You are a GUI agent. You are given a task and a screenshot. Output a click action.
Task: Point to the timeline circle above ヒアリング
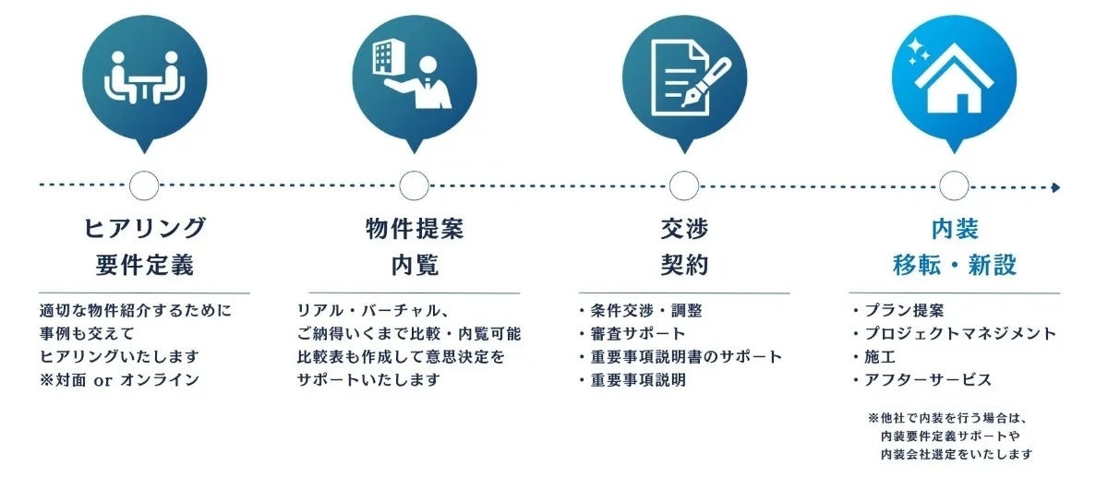(144, 185)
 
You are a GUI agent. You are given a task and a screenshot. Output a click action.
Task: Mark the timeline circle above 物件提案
(414, 185)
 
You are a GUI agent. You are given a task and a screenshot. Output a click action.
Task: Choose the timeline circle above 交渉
(683, 185)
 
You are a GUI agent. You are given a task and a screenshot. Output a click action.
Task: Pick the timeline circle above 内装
(954, 185)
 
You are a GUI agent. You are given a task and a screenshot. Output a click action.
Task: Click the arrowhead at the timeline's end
(1055, 187)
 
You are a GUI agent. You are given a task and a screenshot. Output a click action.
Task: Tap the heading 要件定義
(144, 266)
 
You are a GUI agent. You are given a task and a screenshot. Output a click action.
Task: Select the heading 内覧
(414, 266)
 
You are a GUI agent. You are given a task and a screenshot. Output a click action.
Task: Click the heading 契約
(684, 266)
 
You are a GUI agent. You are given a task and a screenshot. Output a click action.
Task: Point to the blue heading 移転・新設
(955, 266)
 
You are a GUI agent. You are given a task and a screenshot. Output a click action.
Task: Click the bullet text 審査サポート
(637, 333)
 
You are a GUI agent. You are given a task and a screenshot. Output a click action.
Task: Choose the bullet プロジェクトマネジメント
(960, 333)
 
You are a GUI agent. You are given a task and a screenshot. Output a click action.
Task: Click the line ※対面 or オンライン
(119, 379)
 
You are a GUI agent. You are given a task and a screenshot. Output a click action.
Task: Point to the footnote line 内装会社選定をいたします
(957, 454)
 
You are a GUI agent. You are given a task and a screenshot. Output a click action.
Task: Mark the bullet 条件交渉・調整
(644, 310)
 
